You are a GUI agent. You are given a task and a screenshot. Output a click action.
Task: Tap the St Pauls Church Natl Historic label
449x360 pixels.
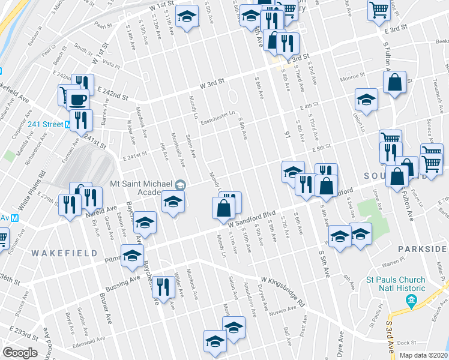(x=396, y=284)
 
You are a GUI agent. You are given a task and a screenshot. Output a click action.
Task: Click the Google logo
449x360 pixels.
(x=20, y=352)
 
